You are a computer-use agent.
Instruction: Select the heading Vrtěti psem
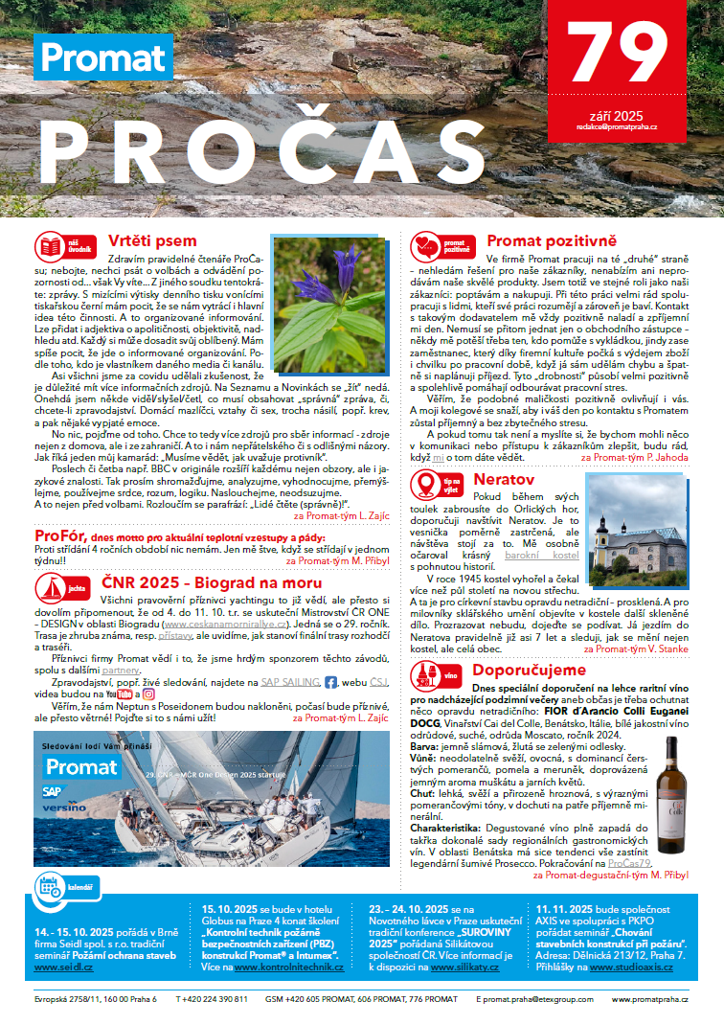tap(152, 240)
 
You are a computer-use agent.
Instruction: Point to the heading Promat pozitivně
tap(552, 240)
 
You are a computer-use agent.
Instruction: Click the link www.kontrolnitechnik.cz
tap(289, 967)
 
